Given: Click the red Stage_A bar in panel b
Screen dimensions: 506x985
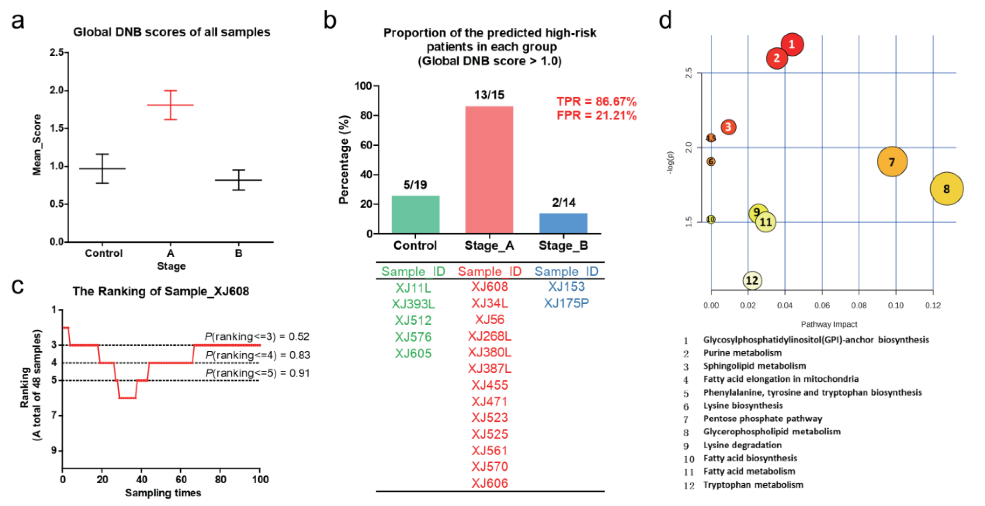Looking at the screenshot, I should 489,170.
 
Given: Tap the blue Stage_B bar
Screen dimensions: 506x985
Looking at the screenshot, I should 563,223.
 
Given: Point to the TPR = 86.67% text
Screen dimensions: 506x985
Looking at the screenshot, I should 596,101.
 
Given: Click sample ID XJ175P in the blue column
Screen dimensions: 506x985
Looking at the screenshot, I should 566,303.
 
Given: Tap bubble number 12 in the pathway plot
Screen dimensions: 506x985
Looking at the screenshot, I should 752,280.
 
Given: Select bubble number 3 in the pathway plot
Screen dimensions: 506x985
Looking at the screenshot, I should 728,127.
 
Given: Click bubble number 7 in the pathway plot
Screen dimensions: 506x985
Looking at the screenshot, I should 892,162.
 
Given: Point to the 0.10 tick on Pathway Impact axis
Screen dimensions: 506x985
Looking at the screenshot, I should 896,305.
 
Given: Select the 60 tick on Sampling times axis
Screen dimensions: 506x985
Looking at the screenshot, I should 181,479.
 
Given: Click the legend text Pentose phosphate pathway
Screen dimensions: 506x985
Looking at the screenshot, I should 762,418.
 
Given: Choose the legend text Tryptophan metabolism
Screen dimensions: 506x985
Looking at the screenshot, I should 753,484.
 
